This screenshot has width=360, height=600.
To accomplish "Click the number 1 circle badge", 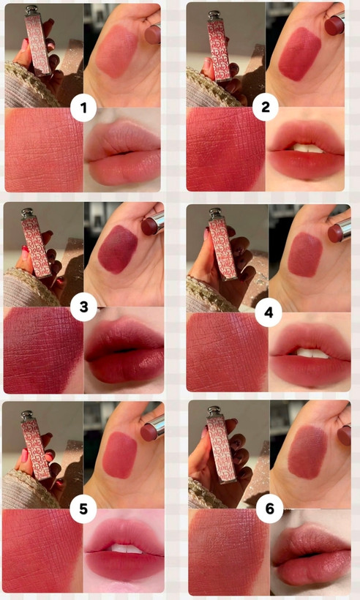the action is click(83, 108).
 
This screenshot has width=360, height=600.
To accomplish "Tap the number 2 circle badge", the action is click(265, 108).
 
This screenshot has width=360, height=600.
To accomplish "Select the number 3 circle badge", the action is click(83, 307).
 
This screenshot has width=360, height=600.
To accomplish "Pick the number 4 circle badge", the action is click(269, 312).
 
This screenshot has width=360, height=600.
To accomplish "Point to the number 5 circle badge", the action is click(83, 509).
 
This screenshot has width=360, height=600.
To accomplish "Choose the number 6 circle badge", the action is click(269, 509).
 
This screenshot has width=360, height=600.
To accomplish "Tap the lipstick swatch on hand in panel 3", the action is click(118, 249).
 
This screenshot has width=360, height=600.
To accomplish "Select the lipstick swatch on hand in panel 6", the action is click(307, 452).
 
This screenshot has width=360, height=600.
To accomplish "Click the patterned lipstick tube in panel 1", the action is click(38, 41).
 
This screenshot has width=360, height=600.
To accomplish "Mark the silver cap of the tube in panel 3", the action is click(27, 213).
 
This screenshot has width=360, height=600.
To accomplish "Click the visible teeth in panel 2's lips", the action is click(306, 148).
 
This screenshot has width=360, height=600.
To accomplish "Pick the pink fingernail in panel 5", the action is click(23, 455).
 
